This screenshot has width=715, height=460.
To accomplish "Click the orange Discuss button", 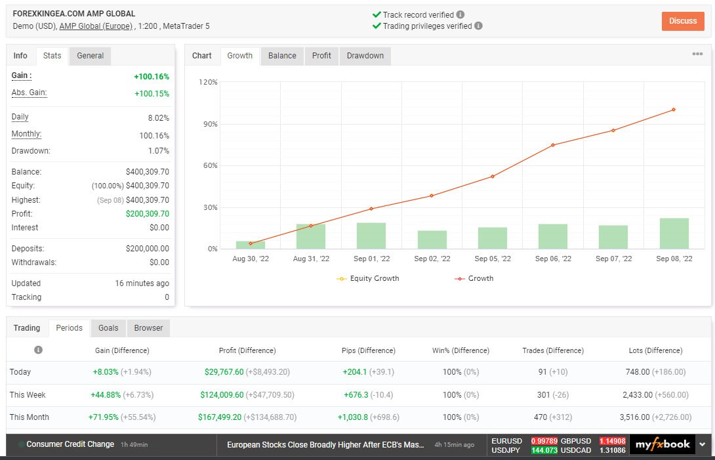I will (x=683, y=21).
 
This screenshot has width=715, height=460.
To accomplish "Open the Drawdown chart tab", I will (x=365, y=56).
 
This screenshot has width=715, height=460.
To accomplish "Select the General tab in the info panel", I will (x=90, y=56).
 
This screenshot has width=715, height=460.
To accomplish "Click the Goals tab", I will (x=108, y=328).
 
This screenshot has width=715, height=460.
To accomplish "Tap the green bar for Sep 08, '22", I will (x=674, y=234).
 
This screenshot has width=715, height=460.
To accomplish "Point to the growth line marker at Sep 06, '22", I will (x=553, y=145).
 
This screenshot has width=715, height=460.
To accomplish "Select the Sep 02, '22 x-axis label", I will (x=432, y=259).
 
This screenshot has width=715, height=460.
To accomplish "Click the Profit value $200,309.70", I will (x=147, y=214).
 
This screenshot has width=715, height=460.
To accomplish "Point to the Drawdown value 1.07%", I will (x=158, y=151).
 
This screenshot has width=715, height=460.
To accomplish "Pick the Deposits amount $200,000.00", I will (x=147, y=249).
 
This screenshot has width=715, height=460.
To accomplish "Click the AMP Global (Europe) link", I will (x=96, y=26).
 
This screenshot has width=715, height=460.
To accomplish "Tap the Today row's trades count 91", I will (x=542, y=372).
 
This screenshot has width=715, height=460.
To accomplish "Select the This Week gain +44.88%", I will (x=106, y=395).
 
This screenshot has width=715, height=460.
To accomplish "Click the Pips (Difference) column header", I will (x=369, y=350).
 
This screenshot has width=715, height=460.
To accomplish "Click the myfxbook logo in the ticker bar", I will (x=662, y=444).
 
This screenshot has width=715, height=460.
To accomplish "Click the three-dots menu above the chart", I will (x=697, y=54).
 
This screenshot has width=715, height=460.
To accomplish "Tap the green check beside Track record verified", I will (x=377, y=14).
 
